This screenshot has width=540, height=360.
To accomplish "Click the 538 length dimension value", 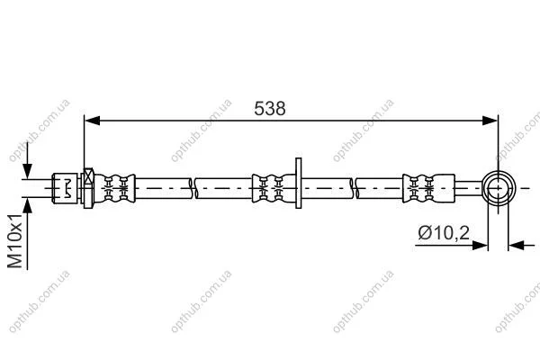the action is [x=270, y=109].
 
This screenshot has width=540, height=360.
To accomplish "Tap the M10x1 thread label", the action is [x=14, y=240].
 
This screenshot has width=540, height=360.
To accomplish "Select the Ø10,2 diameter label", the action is [x=444, y=233].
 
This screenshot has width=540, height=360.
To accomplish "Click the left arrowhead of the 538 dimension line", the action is [x=92, y=121].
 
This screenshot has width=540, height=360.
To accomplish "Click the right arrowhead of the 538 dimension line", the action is [x=490, y=121].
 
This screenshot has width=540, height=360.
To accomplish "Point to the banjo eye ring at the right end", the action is [x=483, y=188].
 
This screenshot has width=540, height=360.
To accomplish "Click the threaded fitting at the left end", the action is [x=65, y=188].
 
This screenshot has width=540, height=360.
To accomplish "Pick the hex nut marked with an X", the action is [x=88, y=188].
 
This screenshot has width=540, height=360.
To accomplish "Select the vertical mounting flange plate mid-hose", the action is [x=298, y=183].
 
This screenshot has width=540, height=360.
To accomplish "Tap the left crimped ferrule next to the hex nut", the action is [x=114, y=188].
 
